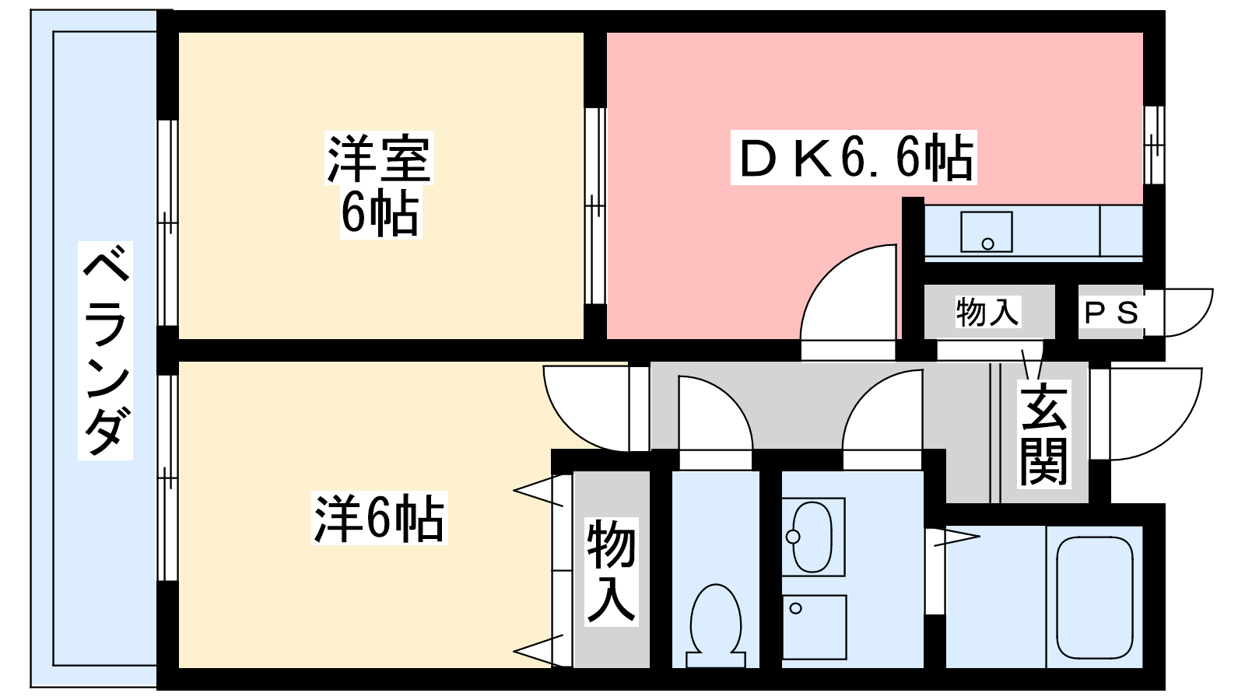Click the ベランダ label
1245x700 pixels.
(x=106, y=350)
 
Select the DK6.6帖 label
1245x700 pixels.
(x=854, y=158)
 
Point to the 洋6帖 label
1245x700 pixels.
(x=379, y=519)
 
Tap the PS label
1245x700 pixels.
(x=1111, y=313)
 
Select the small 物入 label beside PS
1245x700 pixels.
(x=987, y=312)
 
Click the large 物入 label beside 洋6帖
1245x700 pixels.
(x=612, y=572)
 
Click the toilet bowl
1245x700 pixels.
(x=715, y=618)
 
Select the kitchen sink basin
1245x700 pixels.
(x=986, y=232)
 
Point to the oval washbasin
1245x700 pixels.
(x=812, y=537)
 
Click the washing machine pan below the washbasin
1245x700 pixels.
(x=814, y=627)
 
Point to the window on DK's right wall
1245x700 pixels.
(x=1154, y=145)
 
